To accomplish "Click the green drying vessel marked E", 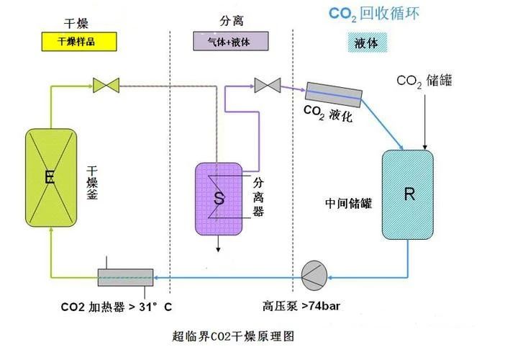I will point(50,176).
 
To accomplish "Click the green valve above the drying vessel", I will point(106,85).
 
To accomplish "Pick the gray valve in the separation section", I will point(267,86).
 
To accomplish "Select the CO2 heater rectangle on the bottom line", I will point(125,276).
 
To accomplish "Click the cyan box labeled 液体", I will point(367,42).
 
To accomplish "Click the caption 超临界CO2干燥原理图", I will point(234,336).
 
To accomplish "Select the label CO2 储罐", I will point(424,80).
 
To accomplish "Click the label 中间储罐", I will point(348,203).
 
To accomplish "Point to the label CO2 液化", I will point(328,114).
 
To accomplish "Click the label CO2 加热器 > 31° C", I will point(116,306).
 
